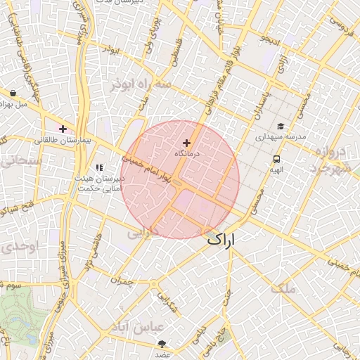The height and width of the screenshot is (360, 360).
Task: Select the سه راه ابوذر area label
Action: pos(140,84)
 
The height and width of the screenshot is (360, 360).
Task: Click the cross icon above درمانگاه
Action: pos(186,143)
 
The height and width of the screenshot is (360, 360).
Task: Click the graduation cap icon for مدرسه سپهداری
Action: pos(281,127)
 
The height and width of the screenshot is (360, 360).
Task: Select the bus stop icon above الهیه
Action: pos(276,160)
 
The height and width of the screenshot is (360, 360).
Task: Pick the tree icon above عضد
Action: pos(163,344)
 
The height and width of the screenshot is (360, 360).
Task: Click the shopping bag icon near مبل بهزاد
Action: pos(13,93)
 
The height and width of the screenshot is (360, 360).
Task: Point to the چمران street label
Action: pos(121,280)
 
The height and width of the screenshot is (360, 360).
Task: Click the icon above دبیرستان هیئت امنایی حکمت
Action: pos(99,167)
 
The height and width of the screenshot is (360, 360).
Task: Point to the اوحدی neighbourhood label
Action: pos(15,247)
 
